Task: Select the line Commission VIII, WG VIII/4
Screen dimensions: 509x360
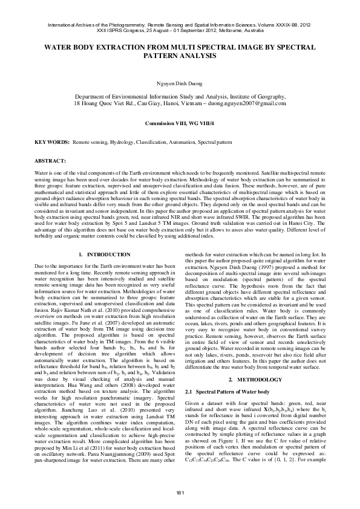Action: pyautogui.click(x=180, y=123)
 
